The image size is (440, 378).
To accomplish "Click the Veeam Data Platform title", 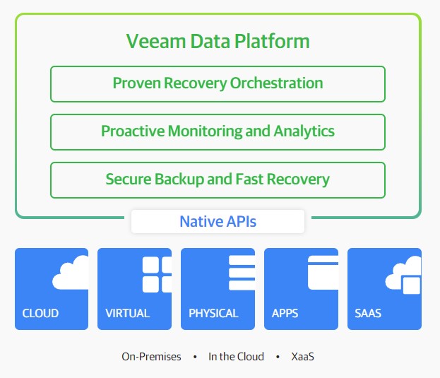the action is (218, 41).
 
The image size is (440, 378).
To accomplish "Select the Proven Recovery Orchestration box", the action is (218, 84).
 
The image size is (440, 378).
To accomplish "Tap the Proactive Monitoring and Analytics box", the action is (218, 132).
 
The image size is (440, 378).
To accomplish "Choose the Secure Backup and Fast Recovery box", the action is (218, 180).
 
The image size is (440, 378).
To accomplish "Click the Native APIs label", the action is (218, 221).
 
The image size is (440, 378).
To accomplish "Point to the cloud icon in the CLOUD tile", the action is (71, 272).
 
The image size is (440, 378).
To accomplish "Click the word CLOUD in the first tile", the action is (40, 313).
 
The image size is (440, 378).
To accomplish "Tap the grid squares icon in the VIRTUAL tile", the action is (157, 274).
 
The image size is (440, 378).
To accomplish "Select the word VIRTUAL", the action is (128, 313).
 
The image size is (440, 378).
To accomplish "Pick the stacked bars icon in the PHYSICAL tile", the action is (242, 273).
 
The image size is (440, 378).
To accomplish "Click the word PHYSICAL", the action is (213, 313).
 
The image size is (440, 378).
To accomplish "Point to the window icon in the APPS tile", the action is (323, 273).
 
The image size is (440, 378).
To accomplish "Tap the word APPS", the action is (285, 313).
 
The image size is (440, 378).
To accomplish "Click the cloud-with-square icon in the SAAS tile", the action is (403, 275).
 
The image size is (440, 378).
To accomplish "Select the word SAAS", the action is (368, 313).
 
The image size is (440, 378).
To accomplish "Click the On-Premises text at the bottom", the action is (151, 357).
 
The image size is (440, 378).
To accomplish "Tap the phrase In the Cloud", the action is (236, 357).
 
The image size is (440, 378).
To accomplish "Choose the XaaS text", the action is (302, 357).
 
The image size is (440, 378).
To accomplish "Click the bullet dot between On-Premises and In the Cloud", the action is (195, 357).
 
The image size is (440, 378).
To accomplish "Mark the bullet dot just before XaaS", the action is (278, 357).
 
